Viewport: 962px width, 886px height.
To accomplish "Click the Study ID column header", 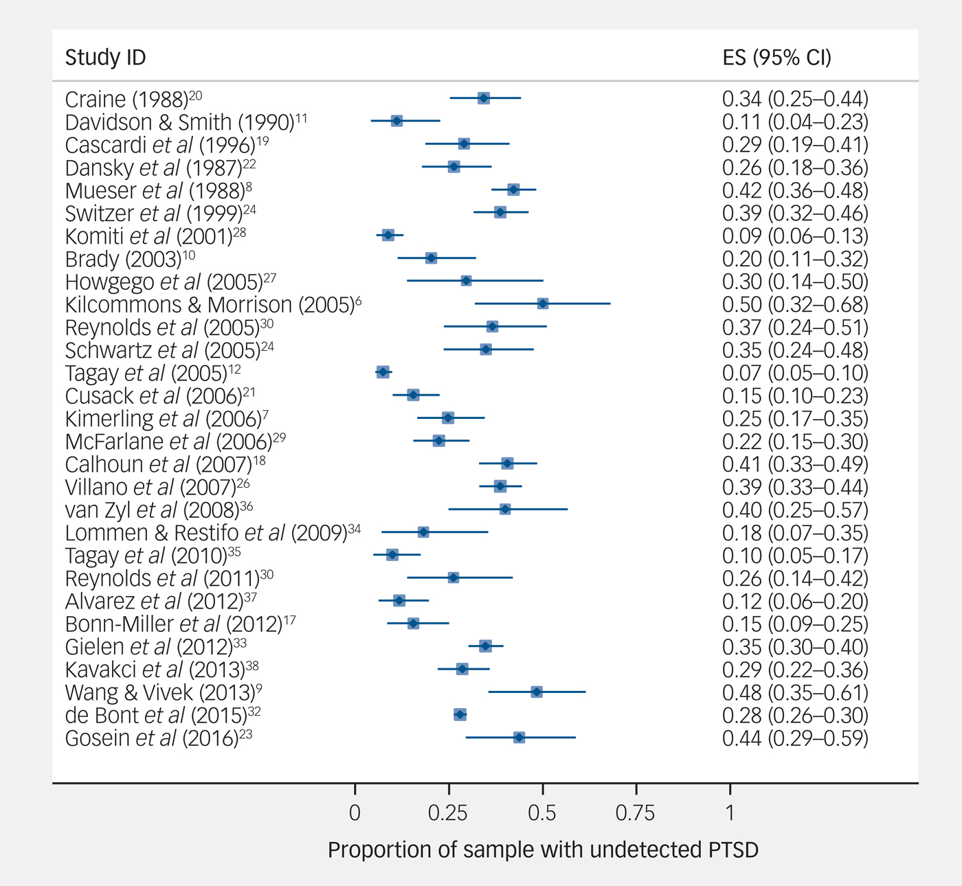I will pyautogui.click(x=105, y=57).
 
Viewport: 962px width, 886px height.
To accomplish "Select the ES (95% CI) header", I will pyautogui.click(x=776, y=57).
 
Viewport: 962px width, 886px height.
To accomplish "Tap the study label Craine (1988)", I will pyautogui.click(x=126, y=100).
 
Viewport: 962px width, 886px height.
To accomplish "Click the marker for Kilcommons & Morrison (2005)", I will pyautogui.click(x=543, y=304).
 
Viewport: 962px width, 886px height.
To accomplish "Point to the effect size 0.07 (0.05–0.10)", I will pyautogui.click(x=795, y=373).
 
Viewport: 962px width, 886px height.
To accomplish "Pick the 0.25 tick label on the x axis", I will pyautogui.click(x=448, y=813).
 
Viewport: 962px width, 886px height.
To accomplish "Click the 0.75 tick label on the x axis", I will pyautogui.click(x=635, y=813).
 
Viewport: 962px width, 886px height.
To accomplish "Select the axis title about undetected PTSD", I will pyautogui.click(x=543, y=850).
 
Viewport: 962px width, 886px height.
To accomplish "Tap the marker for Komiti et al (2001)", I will pyautogui.click(x=388, y=236).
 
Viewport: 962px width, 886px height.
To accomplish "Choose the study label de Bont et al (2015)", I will pyautogui.click(x=156, y=716).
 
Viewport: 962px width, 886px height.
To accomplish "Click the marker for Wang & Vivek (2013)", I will pyautogui.click(x=537, y=692).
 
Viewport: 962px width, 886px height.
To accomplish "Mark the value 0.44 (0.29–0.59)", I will pyautogui.click(x=795, y=738).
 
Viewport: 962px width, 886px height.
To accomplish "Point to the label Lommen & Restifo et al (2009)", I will pyautogui.click(x=205, y=534).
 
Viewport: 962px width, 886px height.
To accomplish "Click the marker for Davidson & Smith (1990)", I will pyautogui.click(x=396, y=121).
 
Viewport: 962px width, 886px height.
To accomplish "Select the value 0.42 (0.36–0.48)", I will pyautogui.click(x=795, y=190).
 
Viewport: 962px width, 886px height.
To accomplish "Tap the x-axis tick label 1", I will pyautogui.click(x=730, y=813).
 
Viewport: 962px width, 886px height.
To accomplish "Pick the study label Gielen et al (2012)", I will pyautogui.click(x=149, y=647).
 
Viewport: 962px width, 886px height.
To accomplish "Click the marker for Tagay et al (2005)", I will pyautogui.click(x=383, y=372).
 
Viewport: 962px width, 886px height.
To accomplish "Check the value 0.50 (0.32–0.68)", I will pyautogui.click(x=795, y=304).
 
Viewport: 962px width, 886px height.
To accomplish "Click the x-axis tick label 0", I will pyautogui.click(x=355, y=813).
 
